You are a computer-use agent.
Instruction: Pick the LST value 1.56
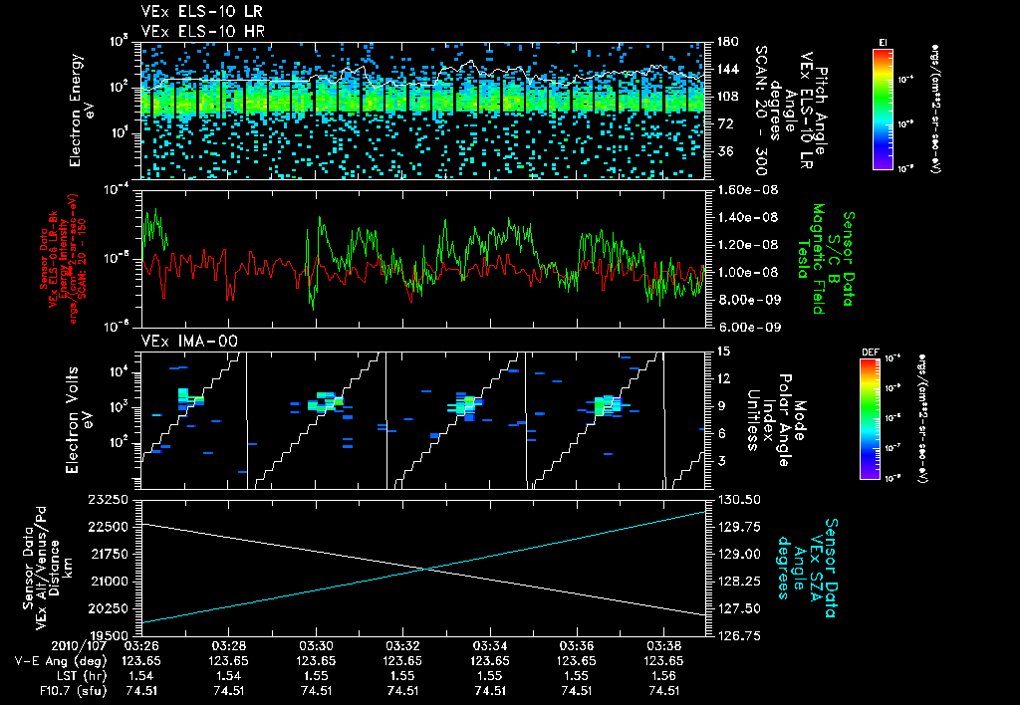pyautogui.click(x=664, y=675)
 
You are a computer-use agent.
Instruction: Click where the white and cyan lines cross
pyautogui.click(x=426, y=569)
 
